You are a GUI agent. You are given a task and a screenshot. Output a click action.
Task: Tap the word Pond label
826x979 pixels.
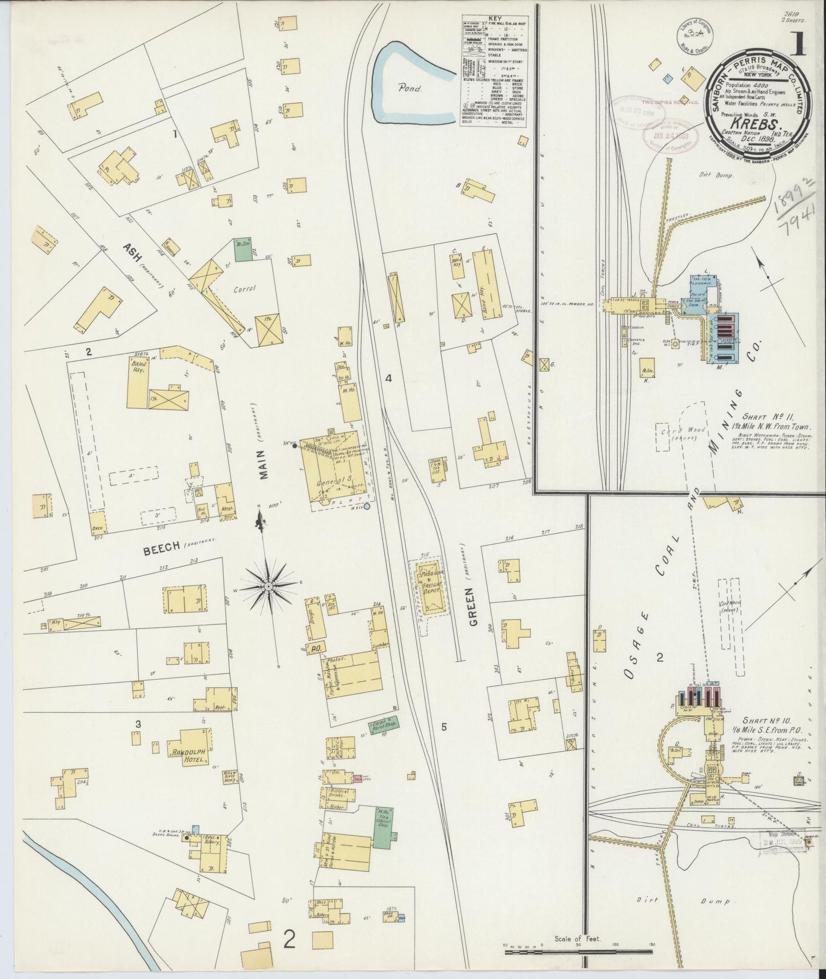pyautogui.click(x=410, y=89)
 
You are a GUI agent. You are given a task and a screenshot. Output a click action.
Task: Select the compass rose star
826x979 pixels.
pyautogui.click(x=268, y=587)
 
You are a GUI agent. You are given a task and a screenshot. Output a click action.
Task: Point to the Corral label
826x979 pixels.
pyautogui.click(x=244, y=288)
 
